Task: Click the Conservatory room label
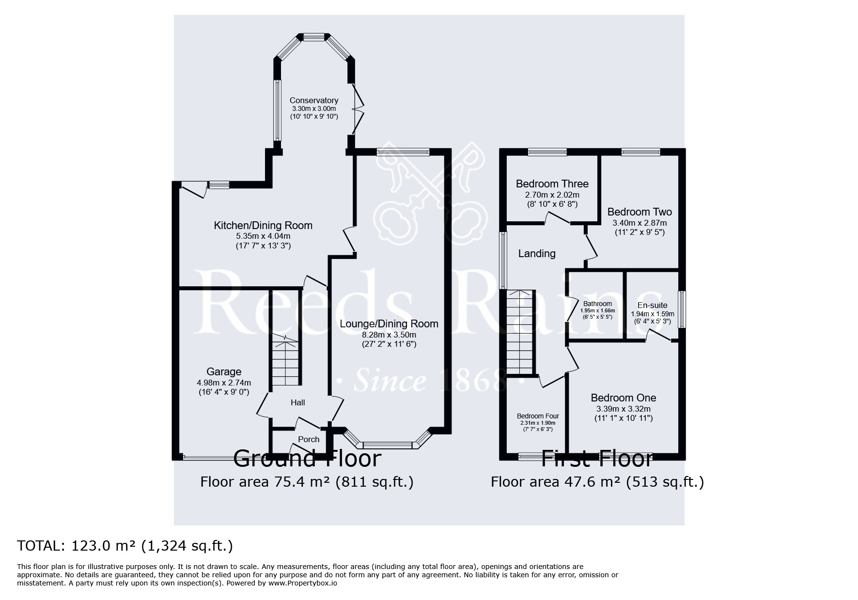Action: (313, 100)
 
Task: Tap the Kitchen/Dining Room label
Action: (263, 225)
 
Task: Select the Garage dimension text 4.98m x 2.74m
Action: (224, 383)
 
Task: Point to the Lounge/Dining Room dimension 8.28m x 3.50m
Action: (389, 335)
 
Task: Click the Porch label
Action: (309, 439)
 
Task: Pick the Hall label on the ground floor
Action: (297, 402)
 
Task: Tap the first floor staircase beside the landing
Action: (520, 332)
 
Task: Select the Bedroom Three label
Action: (552, 184)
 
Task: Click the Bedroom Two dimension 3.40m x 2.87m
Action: (640, 223)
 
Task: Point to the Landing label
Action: (537, 253)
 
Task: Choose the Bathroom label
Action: (597, 304)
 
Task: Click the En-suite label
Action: (652, 305)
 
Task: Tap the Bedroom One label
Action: (624, 398)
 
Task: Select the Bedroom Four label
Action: (538, 416)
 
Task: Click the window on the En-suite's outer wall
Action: (682, 309)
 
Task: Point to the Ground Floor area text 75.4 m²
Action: (307, 482)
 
